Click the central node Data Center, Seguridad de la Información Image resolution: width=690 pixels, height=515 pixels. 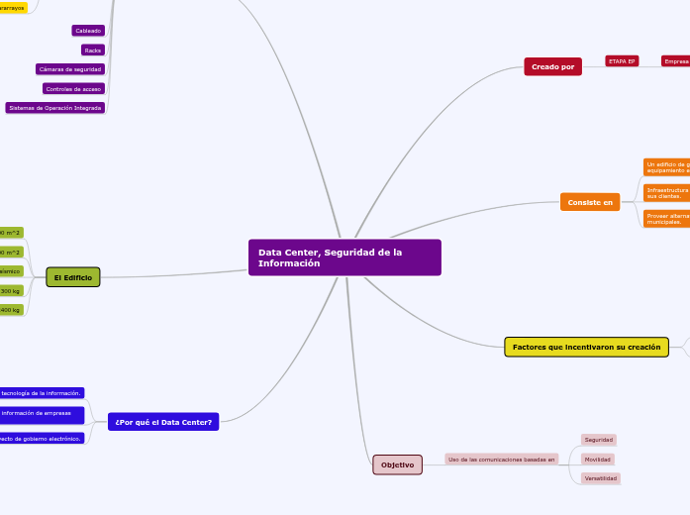tap(345, 257)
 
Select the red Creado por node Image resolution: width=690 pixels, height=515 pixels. tap(552, 66)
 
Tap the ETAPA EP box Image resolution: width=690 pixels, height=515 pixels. tap(622, 61)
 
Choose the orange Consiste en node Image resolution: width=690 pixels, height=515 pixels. tap(589, 202)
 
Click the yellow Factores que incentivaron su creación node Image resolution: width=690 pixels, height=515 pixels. tap(586, 347)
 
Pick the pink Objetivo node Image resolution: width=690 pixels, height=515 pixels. tap(397, 464)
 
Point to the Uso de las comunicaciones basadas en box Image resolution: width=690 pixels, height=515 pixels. tap(501, 460)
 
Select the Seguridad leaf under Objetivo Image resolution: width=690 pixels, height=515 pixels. tap(598, 440)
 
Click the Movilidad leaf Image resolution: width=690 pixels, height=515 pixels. tap(597, 460)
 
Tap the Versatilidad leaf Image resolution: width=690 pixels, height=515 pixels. tap(600, 478)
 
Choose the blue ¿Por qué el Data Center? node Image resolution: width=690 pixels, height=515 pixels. tap(163, 422)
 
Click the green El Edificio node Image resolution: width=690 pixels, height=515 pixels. tap(72, 278)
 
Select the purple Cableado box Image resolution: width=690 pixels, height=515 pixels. tap(88, 31)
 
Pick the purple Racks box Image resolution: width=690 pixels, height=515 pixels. tap(92, 50)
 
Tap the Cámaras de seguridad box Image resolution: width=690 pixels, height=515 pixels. tap(69, 69)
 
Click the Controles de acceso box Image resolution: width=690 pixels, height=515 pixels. tap(73, 89)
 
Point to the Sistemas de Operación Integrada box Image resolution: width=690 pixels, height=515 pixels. tap(54, 108)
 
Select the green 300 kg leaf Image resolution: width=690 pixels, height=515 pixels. tap(10, 291)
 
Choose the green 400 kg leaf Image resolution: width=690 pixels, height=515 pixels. tap(10, 310)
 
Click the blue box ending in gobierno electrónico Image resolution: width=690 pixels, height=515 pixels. tap(42, 438)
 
